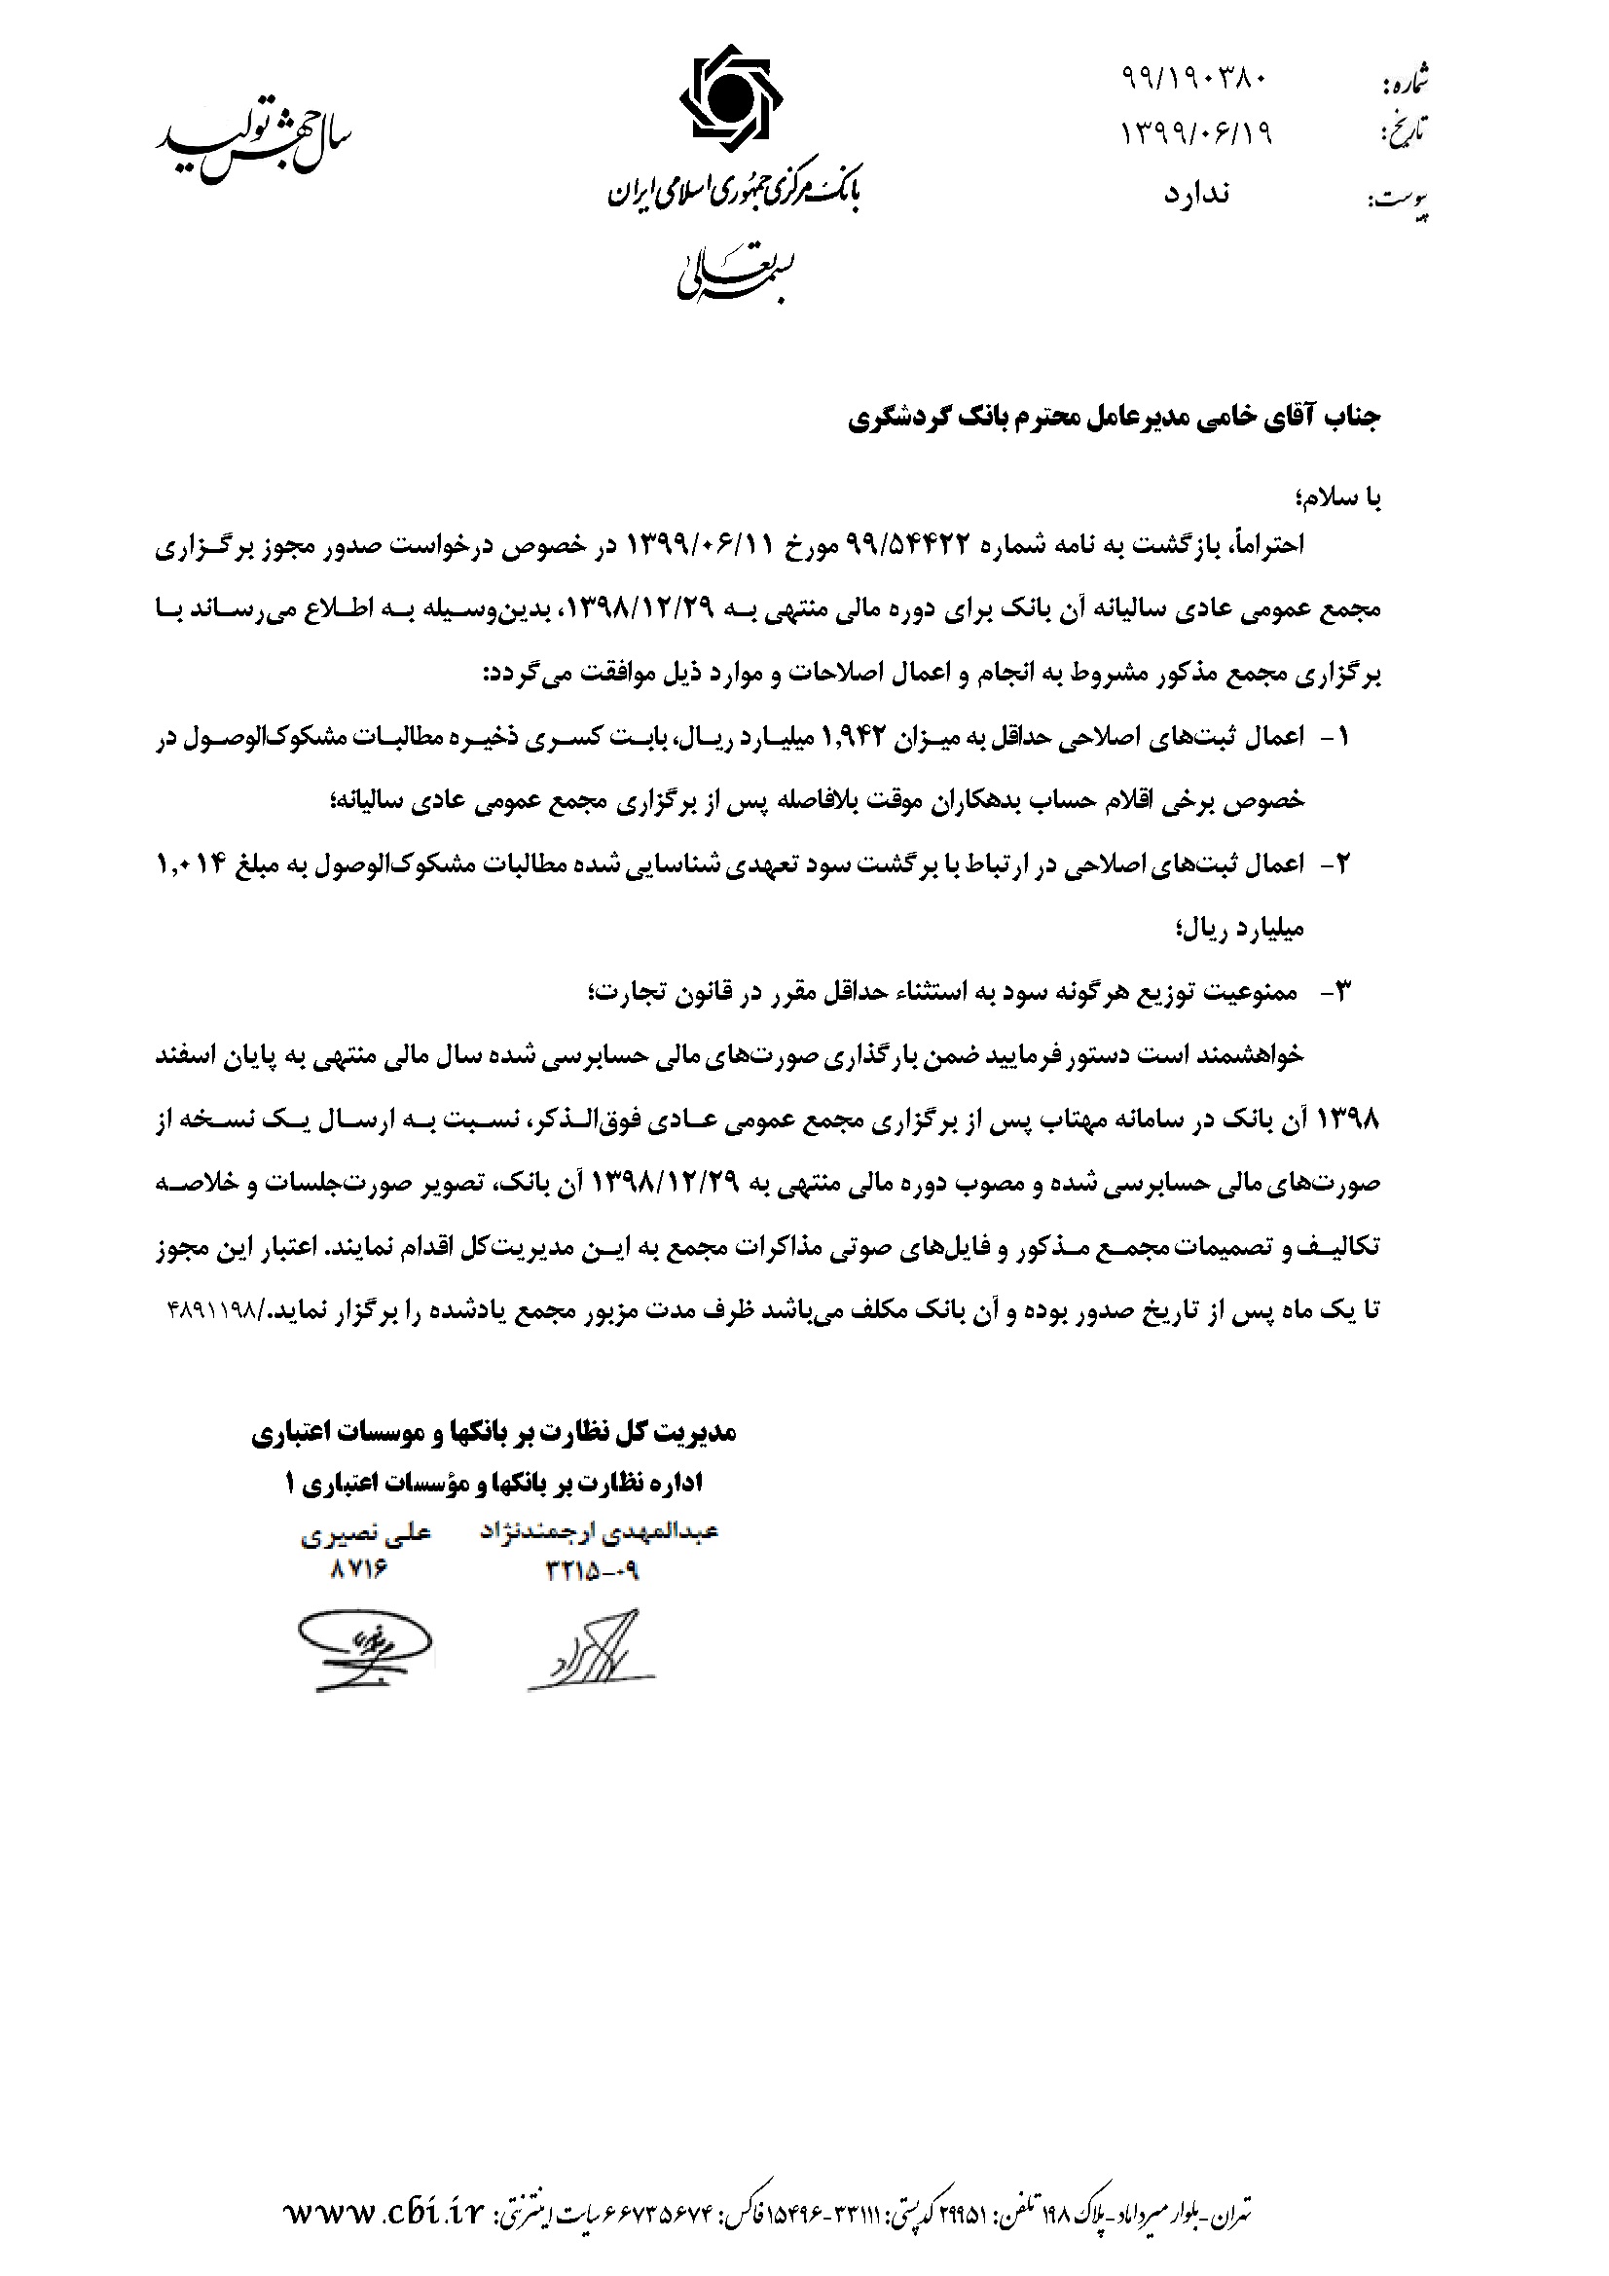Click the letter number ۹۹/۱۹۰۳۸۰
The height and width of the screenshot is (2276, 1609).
pyautogui.click(x=1194, y=77)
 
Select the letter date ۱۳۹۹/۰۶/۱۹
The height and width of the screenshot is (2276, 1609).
pyautogui.click(x=1196, y=132)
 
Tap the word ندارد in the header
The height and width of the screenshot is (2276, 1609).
pyautogui.click(x=1195, y=194)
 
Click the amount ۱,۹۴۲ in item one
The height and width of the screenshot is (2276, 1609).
pyautogui.click(x=859, y=737)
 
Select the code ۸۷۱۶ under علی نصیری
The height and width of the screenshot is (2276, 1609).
pyautogui.click(x=358, y=1570)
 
